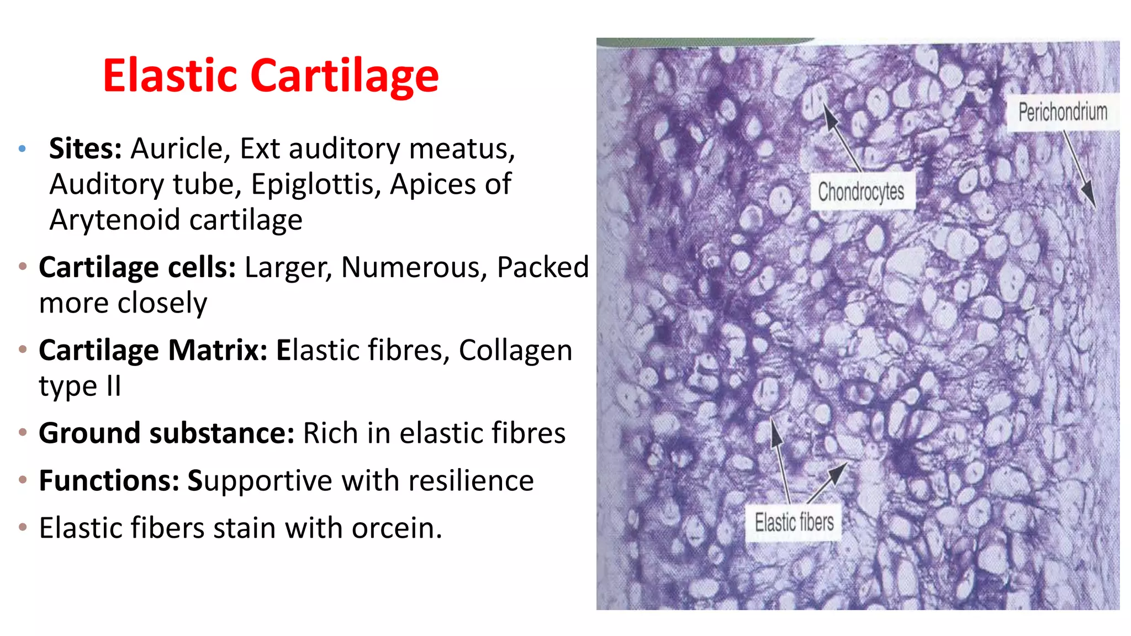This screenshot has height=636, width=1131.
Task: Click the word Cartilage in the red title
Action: pyautogui.click(x=345, y=76)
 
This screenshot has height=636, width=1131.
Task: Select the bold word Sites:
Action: pyautogui.click(x=86, y=149)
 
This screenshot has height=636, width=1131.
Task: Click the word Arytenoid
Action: pyautogui.click(x=115, y=220)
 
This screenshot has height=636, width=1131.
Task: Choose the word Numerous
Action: pyautogui.click(x=414, y=267)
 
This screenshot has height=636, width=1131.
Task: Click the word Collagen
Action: pyautogui.click(x=515, y=350)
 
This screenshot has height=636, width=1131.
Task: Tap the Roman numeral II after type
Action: pyautogui.click(x=114, y=385)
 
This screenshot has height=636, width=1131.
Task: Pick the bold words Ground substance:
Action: pyautogui.click(x=166, y=433)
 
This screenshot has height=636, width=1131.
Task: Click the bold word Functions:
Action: pyautogui.click(x=109, y=480)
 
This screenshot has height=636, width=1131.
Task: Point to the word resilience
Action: pyautogui.click(x=471, y=480)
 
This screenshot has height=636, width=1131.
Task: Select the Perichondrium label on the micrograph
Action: pyautogui.click(x=1063, y=112)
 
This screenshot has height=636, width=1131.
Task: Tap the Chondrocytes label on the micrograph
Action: pyautogui.click(x=861, y=192)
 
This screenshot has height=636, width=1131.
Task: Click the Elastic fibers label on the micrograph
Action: pyautogui.click(x=794, y=522)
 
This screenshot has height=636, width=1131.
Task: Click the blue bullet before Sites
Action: pyautogui.click(x=22, y=149)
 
